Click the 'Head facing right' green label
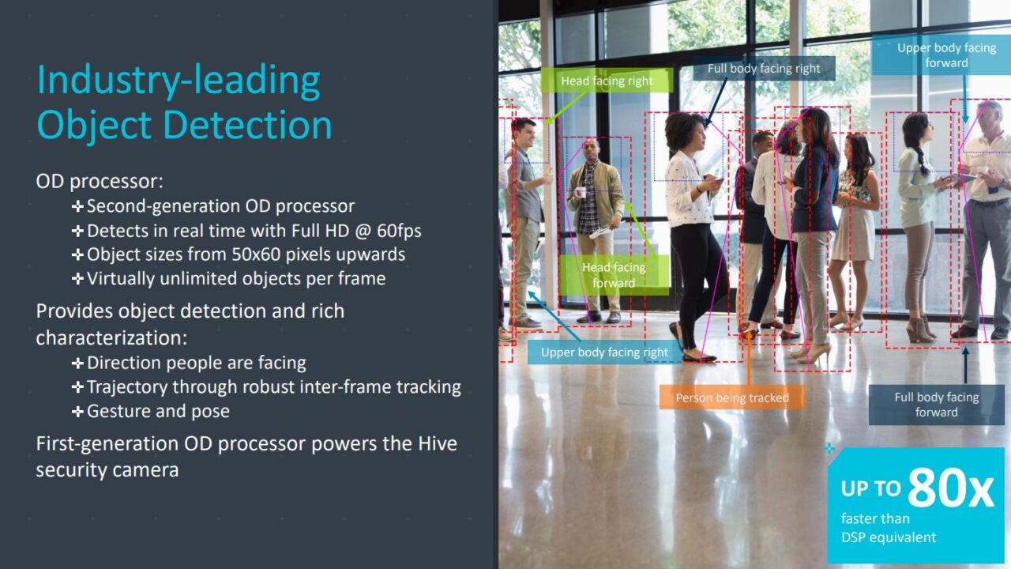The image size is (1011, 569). coord(607,81)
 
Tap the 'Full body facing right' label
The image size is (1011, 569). coord(764,69)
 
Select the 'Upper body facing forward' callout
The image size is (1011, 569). coord(946,55)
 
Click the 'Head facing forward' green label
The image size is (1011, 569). coord(614,275)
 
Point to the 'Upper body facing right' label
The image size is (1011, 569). coord(604,352)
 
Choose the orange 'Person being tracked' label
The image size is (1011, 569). coord(731,398)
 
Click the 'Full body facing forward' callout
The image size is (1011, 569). coord(936,405)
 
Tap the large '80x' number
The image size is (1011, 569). coord(949,488)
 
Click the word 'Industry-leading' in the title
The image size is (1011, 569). coord(179,81)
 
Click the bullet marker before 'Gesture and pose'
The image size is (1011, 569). coord(77,411)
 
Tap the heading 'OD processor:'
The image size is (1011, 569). coord(100,181)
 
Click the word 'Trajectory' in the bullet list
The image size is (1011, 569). coord(127,387)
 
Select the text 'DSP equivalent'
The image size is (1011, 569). coord(889,537)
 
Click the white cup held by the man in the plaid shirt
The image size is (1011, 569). coord(578,192)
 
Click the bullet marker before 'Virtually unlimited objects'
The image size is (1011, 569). coord(77,278)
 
